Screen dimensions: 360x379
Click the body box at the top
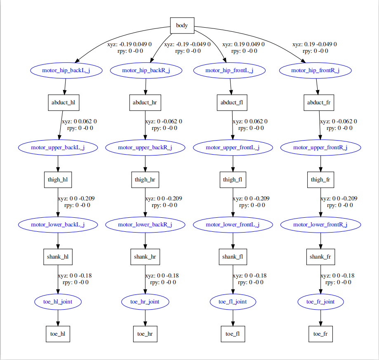[x=182, y=26]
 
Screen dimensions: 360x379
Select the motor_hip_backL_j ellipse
[x=66, y=71]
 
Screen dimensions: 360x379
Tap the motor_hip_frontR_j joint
[x=315, y=71]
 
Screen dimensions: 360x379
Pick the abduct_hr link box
[x=145, y=103]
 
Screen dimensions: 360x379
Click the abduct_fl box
[x=232, y=103]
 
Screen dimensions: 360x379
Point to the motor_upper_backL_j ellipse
[x=58, y=147]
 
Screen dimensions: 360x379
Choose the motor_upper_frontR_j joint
[x=320, y=147]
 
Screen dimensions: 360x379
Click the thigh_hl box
[x=58, y=180]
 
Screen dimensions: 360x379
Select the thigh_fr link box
[x=320, y=180]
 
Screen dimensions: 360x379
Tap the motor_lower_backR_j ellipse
[x=145, y=225]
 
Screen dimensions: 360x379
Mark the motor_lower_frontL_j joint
[x=233, y=225]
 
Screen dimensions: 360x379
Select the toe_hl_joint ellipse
[x=58, y=302]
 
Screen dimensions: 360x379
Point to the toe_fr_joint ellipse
[x=320, y=302]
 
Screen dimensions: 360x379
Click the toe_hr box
[x=145, y=334]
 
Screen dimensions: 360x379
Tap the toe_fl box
[x=233, y=334]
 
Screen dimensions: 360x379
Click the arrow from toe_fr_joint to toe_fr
[x=320, y=318]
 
